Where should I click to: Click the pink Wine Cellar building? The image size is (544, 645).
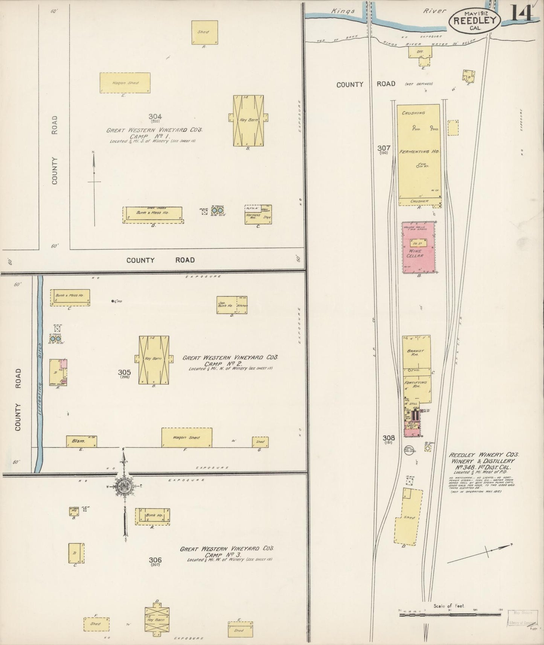point(419,247)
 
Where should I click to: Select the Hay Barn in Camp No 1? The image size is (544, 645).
point(248,120)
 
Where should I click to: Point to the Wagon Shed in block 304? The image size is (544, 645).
point(125,82)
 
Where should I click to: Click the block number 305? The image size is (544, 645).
point(124,372)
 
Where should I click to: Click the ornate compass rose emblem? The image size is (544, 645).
point(124,486)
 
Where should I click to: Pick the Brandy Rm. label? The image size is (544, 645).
point(416,353)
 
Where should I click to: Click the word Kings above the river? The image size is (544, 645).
point(343,11)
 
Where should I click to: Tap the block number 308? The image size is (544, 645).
point(389,438)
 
